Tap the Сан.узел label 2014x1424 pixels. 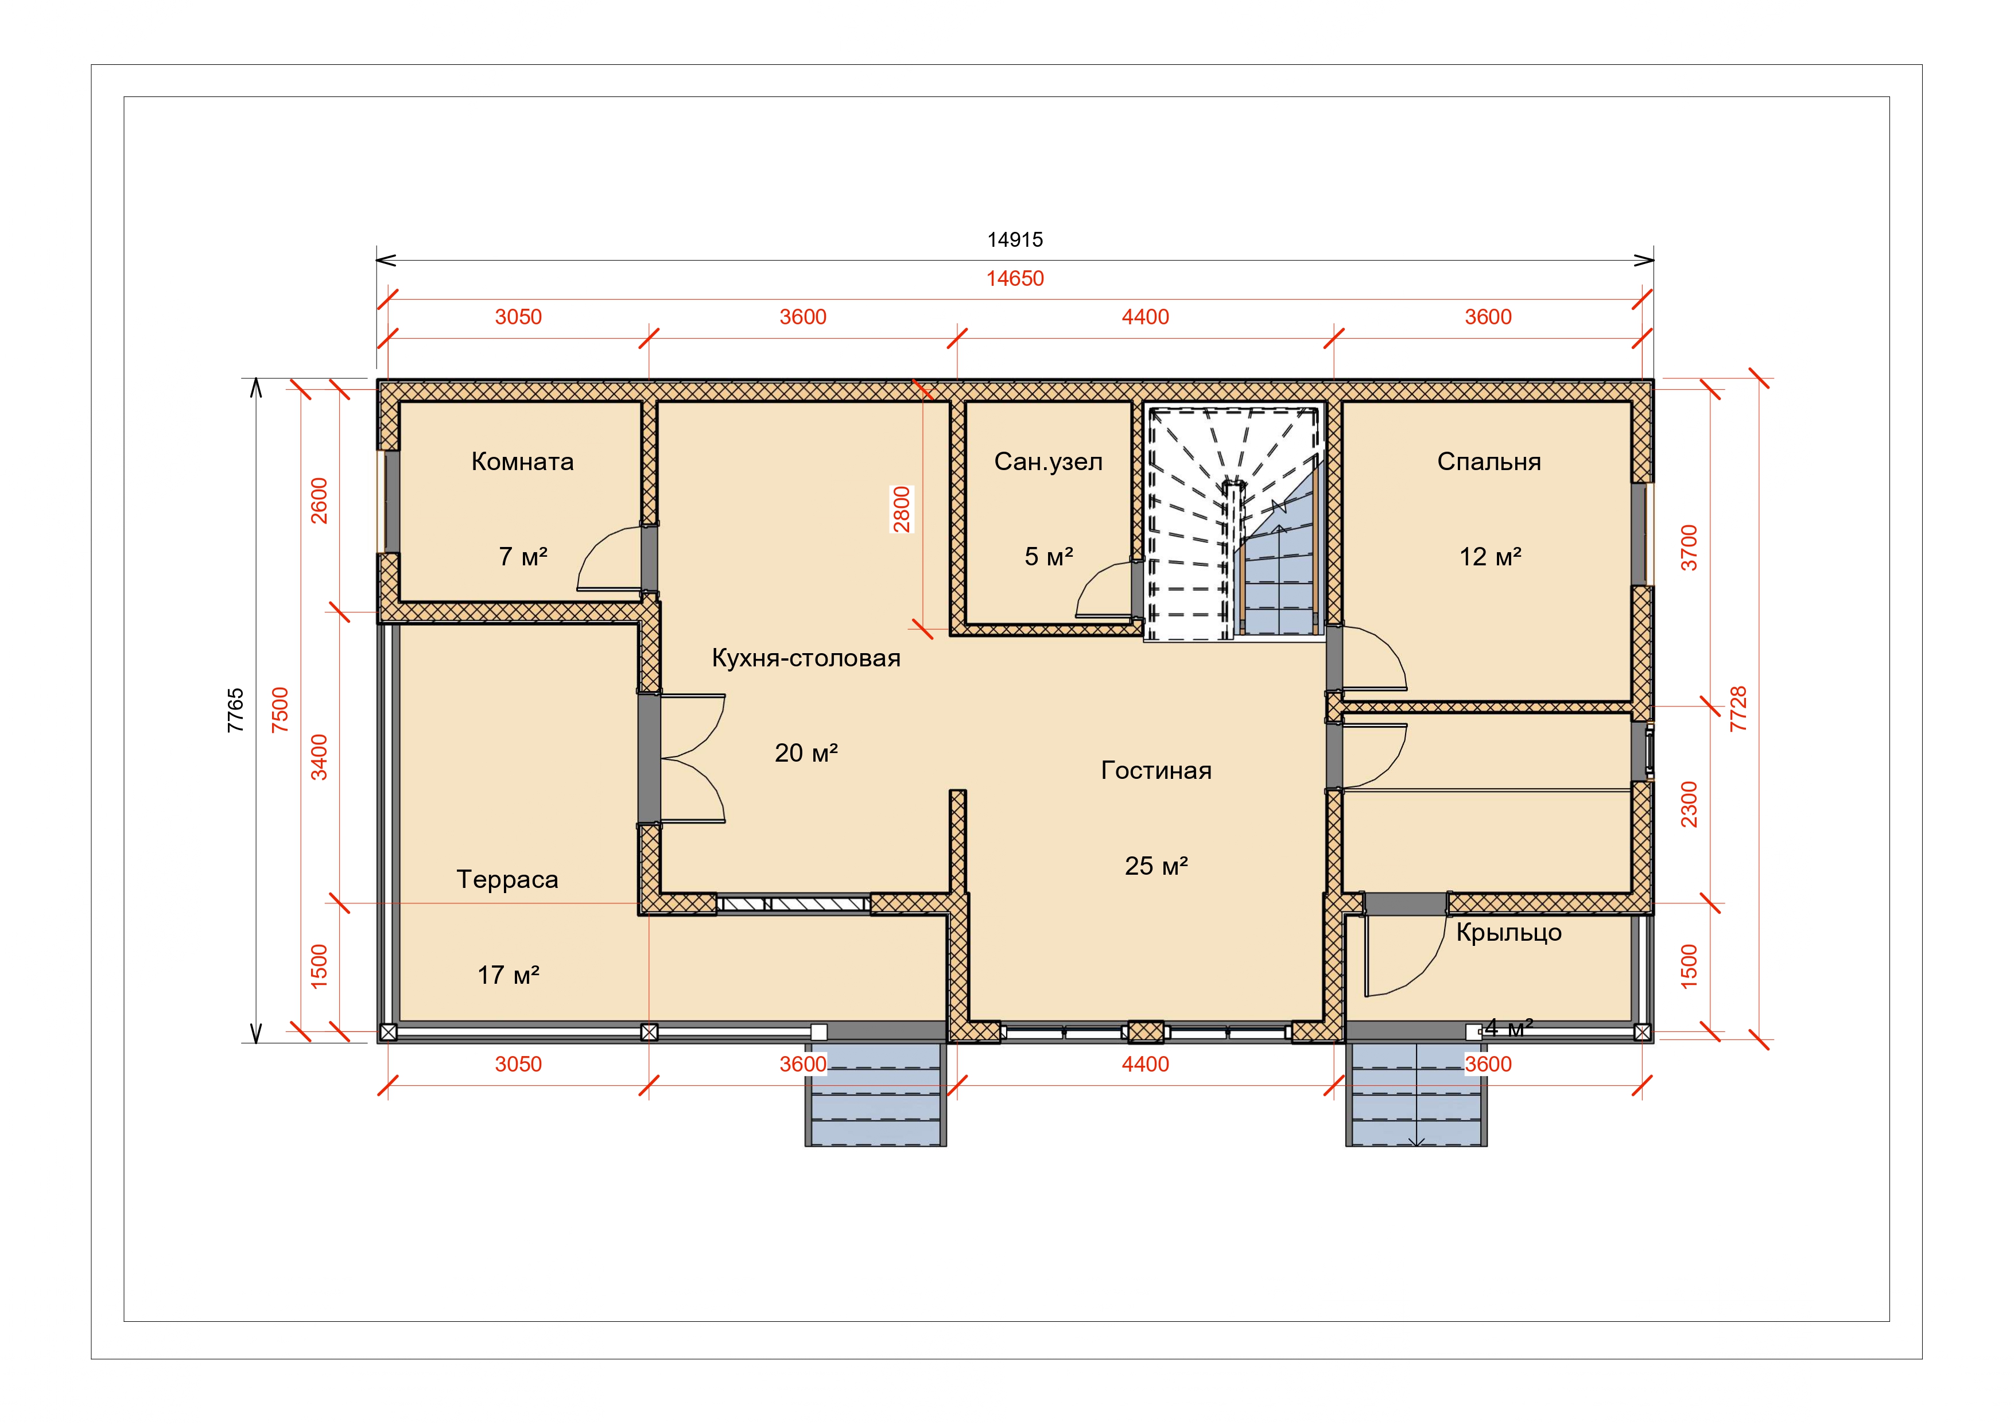point(1048,463)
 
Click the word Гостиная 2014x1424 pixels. point(1156,770)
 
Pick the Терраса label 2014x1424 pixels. point(507,880)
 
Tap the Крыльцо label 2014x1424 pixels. point(1509,933)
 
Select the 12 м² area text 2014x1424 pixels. point(1489,556)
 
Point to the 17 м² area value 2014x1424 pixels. point(508,975)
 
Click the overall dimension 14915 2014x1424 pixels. point(1015,239)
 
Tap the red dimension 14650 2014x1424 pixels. point(1015,279)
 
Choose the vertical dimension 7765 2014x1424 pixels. point(236,711)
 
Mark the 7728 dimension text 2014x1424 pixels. point(1738,709)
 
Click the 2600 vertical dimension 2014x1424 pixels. point(319,501)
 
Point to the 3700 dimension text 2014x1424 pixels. point(1689,548)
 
